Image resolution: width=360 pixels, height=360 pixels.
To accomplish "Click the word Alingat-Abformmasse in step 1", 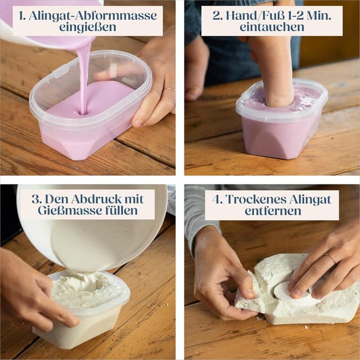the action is click(93, 15).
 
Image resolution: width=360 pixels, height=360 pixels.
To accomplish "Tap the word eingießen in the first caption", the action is click(88, 27).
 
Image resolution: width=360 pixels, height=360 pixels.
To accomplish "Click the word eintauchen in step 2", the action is click(272, 27).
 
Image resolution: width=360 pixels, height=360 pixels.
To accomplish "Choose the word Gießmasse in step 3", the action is click(70, 210).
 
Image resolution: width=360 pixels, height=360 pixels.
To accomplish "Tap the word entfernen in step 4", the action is click(273, 211).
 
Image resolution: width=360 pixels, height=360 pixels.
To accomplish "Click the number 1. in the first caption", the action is click(22, 16).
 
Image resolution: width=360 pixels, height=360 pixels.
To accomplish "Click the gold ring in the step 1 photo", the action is click(170, 89).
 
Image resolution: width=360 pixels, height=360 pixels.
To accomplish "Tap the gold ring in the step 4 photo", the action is click(330, 258).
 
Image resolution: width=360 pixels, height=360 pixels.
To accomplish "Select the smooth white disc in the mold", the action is click(290, 291).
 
